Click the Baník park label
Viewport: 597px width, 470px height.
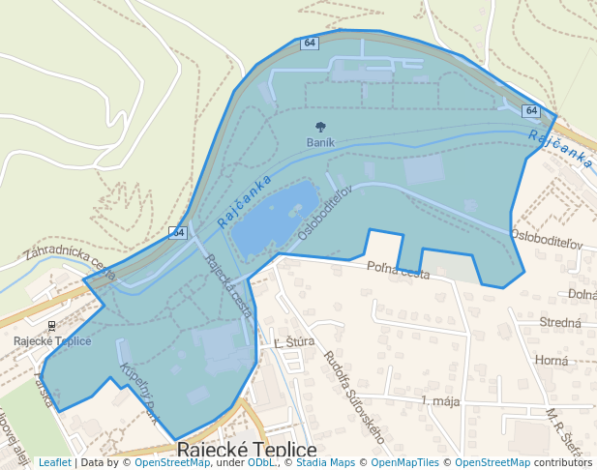[x=320, y=142]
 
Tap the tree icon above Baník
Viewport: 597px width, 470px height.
[x=320, y=127]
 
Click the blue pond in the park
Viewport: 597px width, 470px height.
[x=275, y=218]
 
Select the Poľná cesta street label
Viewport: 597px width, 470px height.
[x=398, y=273]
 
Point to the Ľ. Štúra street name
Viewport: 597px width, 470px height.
[x=289, y=343]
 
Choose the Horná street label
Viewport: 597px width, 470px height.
[x=552, y=360]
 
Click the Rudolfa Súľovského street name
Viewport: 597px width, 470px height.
[x=353, y=397]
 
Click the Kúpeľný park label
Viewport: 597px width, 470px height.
[x=137, y=393]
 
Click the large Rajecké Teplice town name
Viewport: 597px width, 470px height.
[x=247, y=451]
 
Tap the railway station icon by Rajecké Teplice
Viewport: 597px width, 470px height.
[x=51, y=326]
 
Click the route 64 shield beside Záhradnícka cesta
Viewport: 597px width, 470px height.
[x=178, y=232]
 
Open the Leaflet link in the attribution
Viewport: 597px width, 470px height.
[x=54, y=462]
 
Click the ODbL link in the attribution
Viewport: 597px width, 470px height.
[x=260, y=462]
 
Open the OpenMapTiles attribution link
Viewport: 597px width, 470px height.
[x=405, y=462]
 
